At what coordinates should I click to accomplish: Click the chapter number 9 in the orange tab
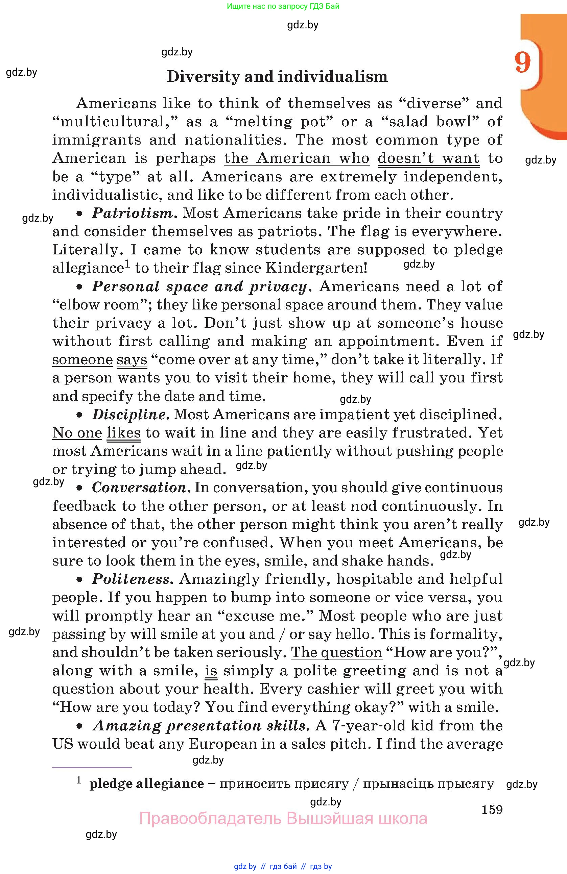pos(522,63)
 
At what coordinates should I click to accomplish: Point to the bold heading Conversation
pos(140,488)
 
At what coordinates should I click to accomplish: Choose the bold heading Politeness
pos(131,579)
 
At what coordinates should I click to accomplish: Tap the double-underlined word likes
pos(123,433)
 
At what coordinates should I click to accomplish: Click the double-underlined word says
pos(132,360)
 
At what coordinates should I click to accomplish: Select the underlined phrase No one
pos(77,433)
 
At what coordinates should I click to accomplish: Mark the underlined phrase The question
pos(336,653)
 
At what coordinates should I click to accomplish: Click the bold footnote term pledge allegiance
pos(146,784)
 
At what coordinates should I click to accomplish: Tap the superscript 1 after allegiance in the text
pos(127,264)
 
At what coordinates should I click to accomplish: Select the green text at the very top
pos(283,6)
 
